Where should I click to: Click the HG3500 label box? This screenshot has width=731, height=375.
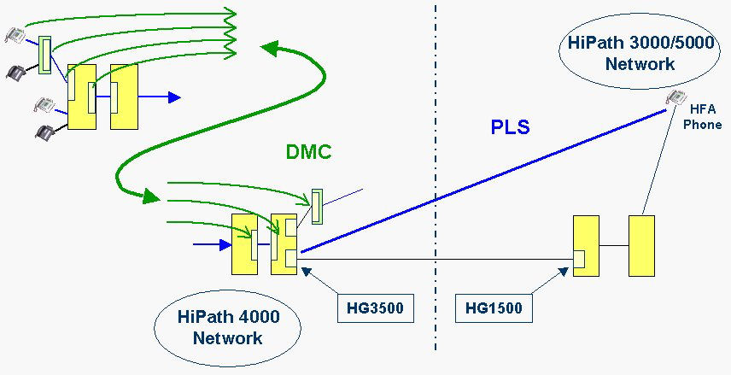pos(376,308)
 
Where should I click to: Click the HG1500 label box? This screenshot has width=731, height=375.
pos(494,308)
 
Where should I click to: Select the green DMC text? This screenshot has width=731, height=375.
pos(308,151)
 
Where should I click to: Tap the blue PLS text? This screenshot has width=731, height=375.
pos(511,127)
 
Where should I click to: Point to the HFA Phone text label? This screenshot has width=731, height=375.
pos(702,119)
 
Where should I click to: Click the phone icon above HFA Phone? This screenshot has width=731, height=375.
pos(676,98)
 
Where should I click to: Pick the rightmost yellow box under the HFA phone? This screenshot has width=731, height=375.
pos(641,246)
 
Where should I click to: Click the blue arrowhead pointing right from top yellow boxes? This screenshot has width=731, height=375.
pos(174,97)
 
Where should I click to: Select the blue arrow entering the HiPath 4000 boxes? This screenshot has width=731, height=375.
pos(213,244)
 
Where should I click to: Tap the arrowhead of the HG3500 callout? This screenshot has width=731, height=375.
pos(306,271)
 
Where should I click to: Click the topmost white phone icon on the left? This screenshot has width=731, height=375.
pos(15,35)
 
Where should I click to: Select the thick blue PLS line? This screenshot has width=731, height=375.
pos(483,181)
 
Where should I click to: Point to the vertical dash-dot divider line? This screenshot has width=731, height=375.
pos(436,176)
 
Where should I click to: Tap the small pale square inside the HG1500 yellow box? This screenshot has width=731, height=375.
pos(580,259)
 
